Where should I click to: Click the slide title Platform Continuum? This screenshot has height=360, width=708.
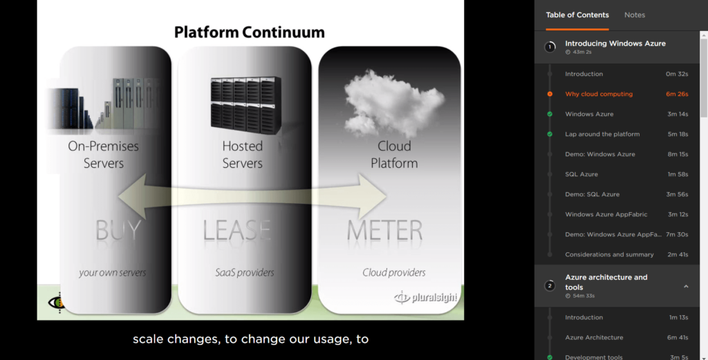point(249,32)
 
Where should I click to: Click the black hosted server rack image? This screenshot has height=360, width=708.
point(245,105)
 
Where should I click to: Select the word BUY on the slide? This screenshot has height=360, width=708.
point(118,229)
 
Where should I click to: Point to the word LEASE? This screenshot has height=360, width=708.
point(236,229)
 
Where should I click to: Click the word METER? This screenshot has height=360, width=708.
point(384,229)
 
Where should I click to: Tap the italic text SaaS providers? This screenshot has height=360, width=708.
point(244,273)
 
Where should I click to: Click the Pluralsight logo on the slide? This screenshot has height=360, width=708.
point(425,297)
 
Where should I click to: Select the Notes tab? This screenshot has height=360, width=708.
point(635,15)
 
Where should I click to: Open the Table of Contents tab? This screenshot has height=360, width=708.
point(577,15)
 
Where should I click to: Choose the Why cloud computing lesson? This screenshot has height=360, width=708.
point(599,94)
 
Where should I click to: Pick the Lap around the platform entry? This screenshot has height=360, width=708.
point(602,134)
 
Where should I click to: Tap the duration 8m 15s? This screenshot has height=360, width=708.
point(678,154)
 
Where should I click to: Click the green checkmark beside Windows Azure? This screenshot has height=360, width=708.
point(550,114)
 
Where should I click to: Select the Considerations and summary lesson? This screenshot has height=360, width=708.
point(609,254)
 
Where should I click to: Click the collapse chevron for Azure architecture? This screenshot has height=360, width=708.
point(686,286)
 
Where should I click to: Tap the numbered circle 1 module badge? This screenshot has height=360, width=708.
point(550,47)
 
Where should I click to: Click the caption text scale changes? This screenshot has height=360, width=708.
point(176,339)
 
